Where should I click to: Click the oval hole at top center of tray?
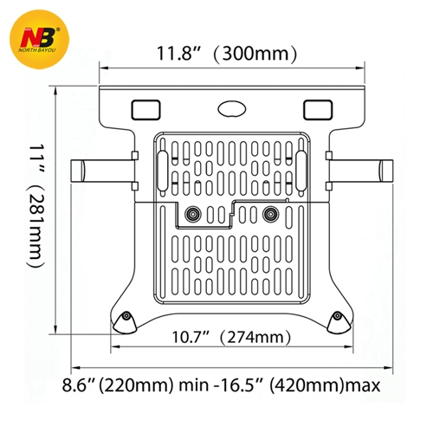click(231, 108)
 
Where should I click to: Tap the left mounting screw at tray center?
click(191, 213)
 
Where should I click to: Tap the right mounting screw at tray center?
click(268, 213)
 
